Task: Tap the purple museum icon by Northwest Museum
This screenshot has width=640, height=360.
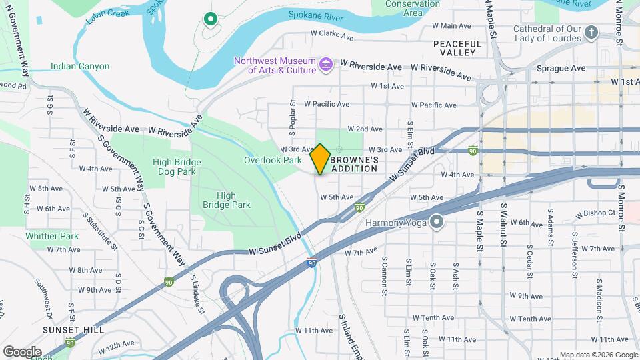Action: pyautogui.click(x=326, y=64)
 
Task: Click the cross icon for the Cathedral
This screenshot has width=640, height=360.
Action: pyautogui.click(x=591, y=32)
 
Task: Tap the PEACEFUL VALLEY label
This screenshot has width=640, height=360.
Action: pyautogui.click(x=457, y=47)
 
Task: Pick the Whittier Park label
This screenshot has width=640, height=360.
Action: pyautogui.click(x=52, y=236)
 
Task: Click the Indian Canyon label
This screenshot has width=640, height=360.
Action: pyautogui.click(x=80, y=67)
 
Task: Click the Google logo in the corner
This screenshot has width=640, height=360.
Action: pyautogui.click(x=23, y=351)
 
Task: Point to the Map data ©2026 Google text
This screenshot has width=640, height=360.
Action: pyautogui.click(x=597, y=355)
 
